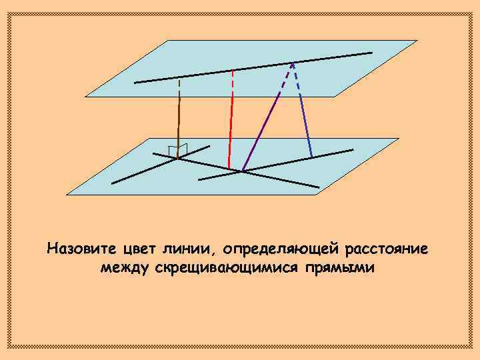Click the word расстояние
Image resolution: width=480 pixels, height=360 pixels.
point(387,249)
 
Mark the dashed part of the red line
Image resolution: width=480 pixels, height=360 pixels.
point(232,83)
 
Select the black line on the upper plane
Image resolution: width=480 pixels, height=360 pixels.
point(253,67)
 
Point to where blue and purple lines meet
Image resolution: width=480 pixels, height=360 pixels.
point(292,63)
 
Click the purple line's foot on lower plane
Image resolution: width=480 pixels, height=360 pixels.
point(242,171)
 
